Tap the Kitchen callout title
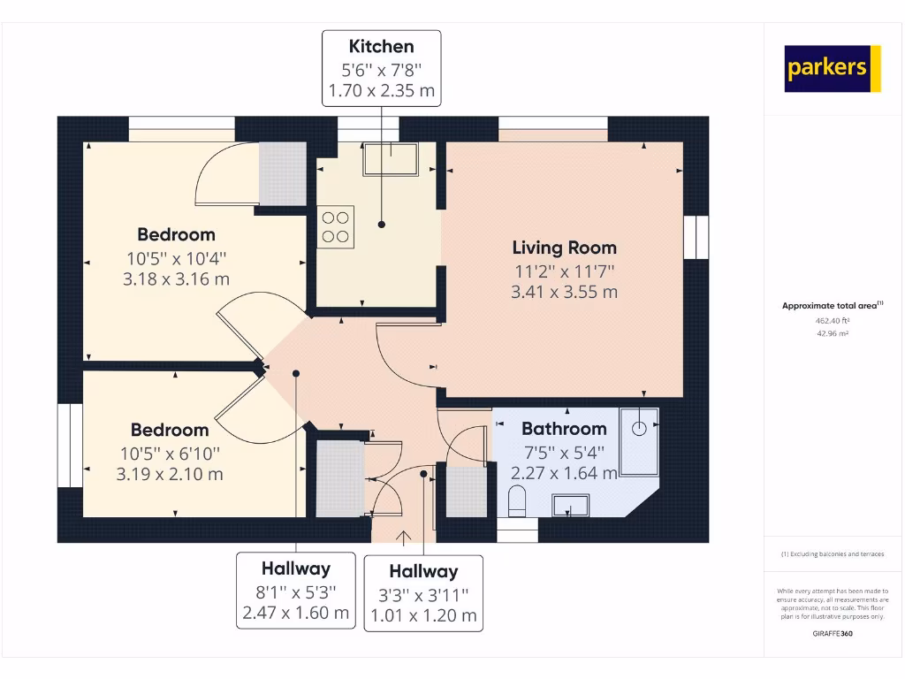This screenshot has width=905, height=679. (x=381, y=46)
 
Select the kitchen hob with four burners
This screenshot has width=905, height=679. (x=336, y=226)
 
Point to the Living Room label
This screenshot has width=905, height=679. (x=564, y=248)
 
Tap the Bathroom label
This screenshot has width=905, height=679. (x=564, y=429)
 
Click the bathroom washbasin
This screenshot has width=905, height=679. (x=571, y=506)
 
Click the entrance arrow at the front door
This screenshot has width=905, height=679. (x=405, y=537)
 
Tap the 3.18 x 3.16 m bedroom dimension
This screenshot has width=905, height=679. (x=176, y=279)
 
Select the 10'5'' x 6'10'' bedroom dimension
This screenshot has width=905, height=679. (x=170, y=453)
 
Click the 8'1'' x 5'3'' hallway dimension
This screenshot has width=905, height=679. (x=295, y=591)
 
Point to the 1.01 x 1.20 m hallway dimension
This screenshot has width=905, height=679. (x=423, y=615)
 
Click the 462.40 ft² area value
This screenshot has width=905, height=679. (x=832, y=322)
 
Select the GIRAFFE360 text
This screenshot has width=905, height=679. (x=833, y=633)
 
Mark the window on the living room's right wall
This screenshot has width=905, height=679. (x=696, y=237)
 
